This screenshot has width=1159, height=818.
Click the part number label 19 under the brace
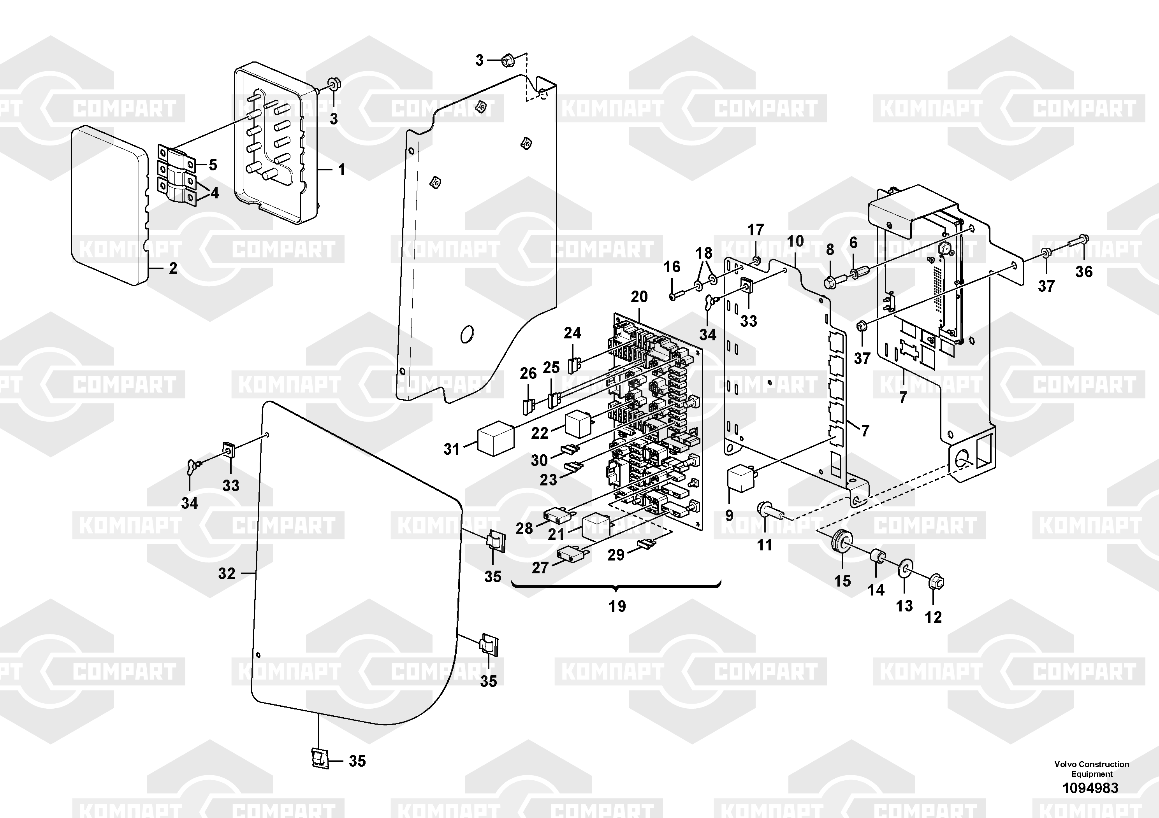(617, 606)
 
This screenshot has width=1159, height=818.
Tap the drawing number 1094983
(1090, 788)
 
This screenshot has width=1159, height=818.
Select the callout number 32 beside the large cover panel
(227, 573)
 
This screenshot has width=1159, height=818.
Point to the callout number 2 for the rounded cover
(173, 268)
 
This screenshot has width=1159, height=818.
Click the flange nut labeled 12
(936, 583)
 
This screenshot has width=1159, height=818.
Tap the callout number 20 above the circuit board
(638, 296)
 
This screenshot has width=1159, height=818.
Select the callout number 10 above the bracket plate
(795, 241)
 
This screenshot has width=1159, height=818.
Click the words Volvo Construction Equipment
(1091, 769)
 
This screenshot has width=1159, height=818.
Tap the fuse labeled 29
(646, 544)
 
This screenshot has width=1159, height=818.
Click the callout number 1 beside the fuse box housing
(341, 170)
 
